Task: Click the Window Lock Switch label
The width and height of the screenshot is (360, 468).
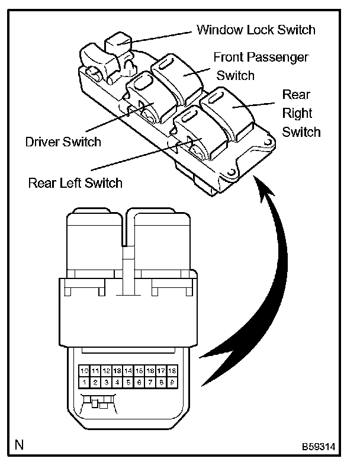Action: (x=256, y=29)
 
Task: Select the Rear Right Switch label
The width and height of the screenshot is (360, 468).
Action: (x=301, y=113)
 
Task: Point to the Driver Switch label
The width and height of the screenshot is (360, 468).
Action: (x=63, y=142)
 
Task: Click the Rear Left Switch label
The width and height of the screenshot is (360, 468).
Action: (x=75, y=182)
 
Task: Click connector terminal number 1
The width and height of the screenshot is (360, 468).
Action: (x=84, y=382)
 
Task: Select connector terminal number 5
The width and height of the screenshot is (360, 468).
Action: (x=128, y=382)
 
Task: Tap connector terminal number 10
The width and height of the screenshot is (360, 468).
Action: (x=84, y=371)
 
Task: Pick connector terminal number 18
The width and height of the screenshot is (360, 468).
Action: (x=172, y=371)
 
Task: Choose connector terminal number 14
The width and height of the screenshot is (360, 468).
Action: (x=128, y=371)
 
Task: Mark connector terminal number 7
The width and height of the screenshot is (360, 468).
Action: (x=150, y=382)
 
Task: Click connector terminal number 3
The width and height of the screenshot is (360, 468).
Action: (x=107, y=382)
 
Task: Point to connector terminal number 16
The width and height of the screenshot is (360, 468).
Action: (x=150, y=371)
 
